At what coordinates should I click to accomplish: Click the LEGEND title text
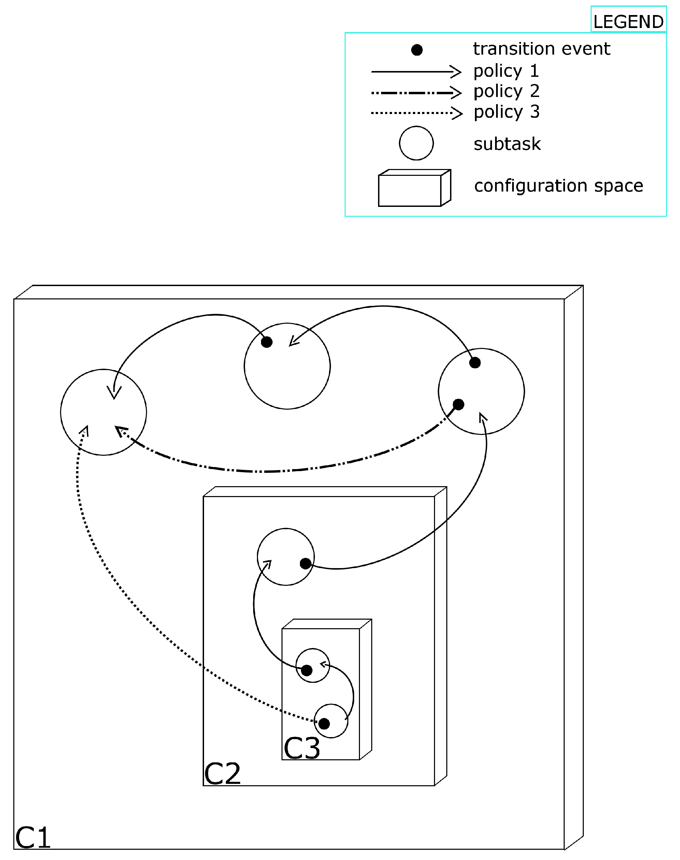coord(628,22)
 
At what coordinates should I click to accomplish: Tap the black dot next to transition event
coord(417,50)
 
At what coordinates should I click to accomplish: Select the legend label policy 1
coord(506,71)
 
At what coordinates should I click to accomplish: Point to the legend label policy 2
coord(506,91)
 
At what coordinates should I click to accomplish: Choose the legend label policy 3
coord(506,112)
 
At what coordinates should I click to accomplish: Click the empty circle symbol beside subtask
coord(416,143)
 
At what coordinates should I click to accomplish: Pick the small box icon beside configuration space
coord(414,188)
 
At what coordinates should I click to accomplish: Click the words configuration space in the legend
coord(558,186)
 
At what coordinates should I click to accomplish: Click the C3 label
coord(301,748)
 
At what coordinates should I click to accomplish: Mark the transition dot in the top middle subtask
coord(266,342)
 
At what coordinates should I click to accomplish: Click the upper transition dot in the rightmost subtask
coord(475,363)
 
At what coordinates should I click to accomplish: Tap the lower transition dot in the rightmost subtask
coord(458,404)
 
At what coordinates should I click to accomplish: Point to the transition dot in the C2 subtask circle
coord(305,563)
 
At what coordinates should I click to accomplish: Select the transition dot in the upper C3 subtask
coord(306,670)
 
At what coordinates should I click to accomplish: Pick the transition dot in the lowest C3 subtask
coord(324,723)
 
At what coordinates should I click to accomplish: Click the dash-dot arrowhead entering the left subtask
coord(120,431)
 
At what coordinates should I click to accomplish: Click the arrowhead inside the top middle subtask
coord(293,342)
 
